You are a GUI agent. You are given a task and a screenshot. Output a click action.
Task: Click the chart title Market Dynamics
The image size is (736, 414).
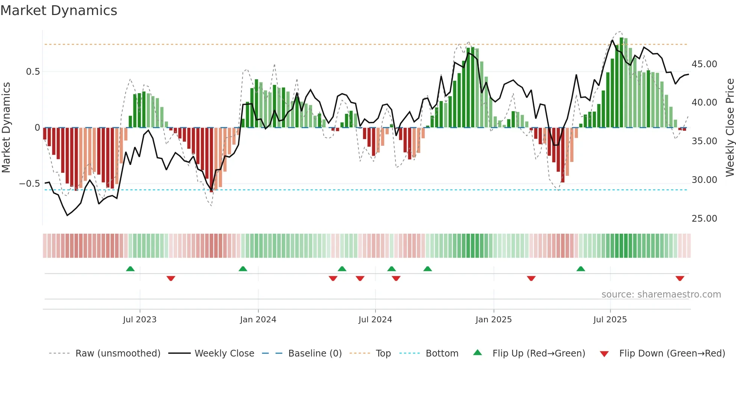click(x=59, y=11)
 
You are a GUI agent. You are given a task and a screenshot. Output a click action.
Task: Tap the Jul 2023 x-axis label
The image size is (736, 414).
click(x=140, y=320)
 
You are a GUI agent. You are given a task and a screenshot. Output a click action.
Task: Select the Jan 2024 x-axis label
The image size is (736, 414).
click(x=258, y=320)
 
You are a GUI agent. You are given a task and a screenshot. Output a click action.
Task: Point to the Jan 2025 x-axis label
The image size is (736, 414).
click(x=493, y=320)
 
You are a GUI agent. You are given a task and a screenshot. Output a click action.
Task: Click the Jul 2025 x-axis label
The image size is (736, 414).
click(x=610, y=320)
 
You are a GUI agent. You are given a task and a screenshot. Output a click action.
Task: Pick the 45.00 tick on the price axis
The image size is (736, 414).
click(x=704, y=64)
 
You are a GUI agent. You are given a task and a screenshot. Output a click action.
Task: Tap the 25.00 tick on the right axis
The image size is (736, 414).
click(x=704, y=219)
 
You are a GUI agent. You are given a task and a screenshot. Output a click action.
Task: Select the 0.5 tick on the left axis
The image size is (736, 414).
click(x=33, y=72)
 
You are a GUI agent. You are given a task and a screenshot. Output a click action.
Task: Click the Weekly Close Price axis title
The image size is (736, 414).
click(x=730, y=128)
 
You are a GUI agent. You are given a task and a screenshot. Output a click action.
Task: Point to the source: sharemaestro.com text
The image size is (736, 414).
click(x=661, y=295)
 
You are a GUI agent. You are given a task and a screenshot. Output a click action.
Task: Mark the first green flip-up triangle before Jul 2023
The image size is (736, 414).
click(x=130, y=269)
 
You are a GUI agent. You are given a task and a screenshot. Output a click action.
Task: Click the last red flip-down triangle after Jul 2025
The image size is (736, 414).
click(x=680, y=278)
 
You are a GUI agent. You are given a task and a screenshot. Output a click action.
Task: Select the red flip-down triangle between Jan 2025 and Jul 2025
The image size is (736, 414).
click(x=531, y=278)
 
